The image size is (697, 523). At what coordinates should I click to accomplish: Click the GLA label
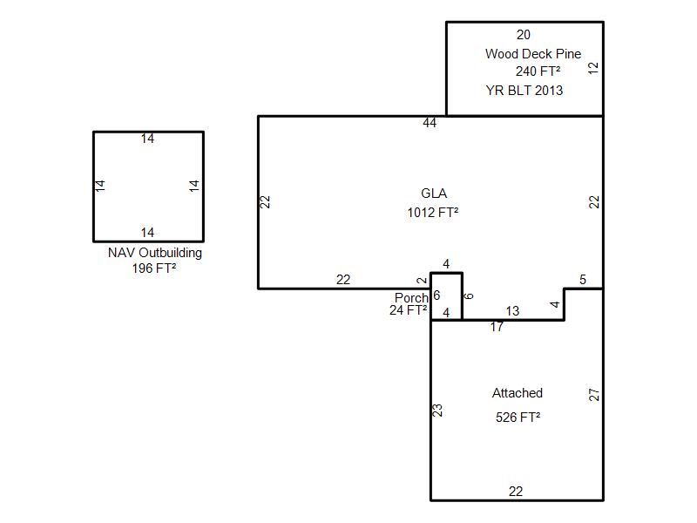pos(434,194)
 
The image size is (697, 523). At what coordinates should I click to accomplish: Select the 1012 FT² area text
pos(432,213)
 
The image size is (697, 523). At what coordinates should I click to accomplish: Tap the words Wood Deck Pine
pos(533,54)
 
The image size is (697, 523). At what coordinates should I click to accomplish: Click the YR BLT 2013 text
pos(524,91)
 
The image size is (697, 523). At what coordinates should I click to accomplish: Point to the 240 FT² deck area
pos(538,71)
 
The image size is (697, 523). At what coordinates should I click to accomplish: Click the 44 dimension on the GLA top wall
pos(430,123)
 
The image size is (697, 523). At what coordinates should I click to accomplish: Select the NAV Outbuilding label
pos(155,253)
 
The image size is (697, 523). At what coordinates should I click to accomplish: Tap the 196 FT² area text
pos(154,268)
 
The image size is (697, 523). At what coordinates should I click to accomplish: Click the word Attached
pos(517,393)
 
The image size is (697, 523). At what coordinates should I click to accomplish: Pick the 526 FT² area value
pos(518,418)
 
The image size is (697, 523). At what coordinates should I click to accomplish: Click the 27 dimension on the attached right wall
pos(594,395)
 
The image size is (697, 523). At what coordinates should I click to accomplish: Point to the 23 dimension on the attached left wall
pos(437,410)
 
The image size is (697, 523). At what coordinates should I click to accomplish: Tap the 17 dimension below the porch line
pos(497,327)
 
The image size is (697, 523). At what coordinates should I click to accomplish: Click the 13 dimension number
pos(512,311)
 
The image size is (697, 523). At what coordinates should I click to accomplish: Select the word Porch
pos(411,297)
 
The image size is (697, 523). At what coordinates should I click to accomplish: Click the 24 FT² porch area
pos(408,310)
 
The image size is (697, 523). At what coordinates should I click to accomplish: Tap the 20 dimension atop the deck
pos(524,35)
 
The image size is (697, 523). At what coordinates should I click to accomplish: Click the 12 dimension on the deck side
pos(593,68)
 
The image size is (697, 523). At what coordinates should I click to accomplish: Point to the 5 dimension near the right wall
pos(583,280)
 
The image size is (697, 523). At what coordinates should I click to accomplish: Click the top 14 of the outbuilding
pos(147,139)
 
